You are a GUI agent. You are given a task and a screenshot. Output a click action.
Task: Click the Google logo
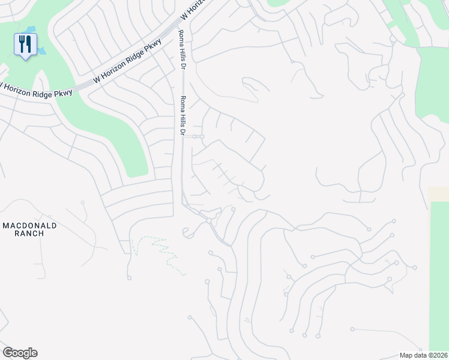pyautogui.click(x=20, y=353)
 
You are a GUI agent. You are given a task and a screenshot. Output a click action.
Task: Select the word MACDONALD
pyautogui.click(x=29, y=225)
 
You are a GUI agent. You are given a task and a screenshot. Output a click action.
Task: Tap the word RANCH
pyautogui.click(x=29, y=233)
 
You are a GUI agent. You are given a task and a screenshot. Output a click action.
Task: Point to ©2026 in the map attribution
pyautogui.click(x=436, y=355)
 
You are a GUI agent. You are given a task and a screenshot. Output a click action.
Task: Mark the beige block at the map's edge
pyautogui.click(x=439, y=194)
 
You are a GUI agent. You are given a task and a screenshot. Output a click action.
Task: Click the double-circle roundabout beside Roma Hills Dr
pyautogui.click(x=199, y=137)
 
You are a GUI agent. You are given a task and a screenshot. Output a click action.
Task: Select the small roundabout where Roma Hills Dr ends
pyautogui.click(x=209, y=221)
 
